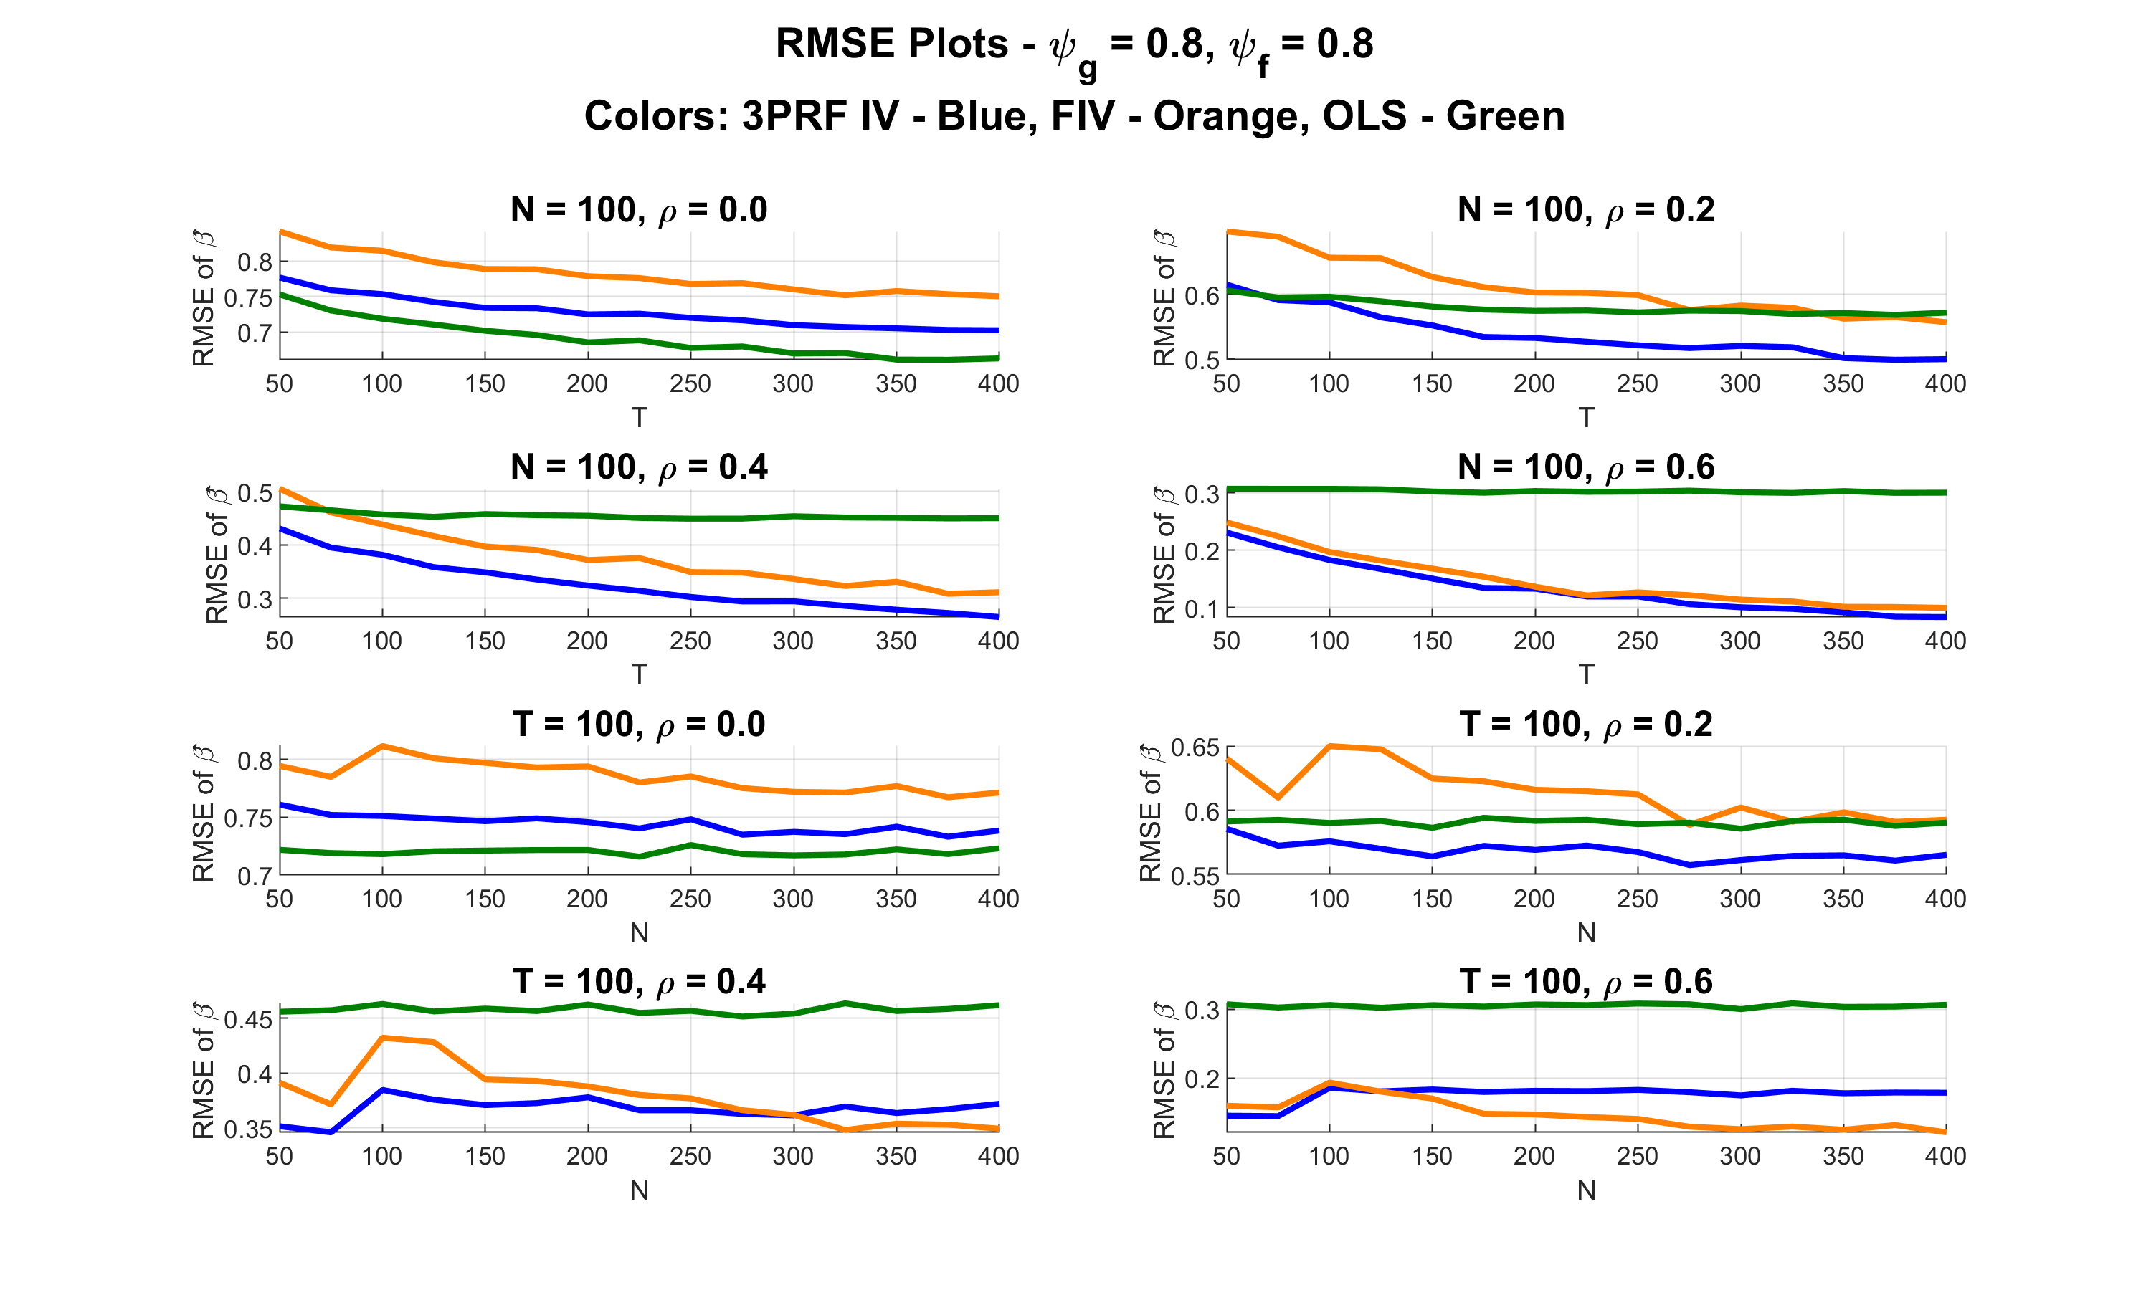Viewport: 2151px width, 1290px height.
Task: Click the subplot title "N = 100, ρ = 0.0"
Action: point(639,211)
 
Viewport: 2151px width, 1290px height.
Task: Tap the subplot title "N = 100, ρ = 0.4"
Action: point(639,468)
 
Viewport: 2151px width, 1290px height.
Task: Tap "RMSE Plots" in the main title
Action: point(891,44)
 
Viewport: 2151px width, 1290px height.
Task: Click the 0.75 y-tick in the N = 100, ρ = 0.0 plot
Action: point(248,298)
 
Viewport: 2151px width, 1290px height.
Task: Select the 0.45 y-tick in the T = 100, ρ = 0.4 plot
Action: point(248,1020)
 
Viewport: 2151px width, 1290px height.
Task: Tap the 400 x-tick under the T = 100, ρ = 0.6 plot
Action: point(1945,1156)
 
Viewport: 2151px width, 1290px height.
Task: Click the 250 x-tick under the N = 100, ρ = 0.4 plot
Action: point(690,641)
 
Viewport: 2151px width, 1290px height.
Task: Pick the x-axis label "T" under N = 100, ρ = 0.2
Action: point(1586,418)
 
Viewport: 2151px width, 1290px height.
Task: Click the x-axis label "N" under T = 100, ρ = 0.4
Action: point(639,1190)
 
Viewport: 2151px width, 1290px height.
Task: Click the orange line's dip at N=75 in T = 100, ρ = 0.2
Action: point(1277,797)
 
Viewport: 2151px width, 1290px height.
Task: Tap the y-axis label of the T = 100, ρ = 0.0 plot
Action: point(203,813)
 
